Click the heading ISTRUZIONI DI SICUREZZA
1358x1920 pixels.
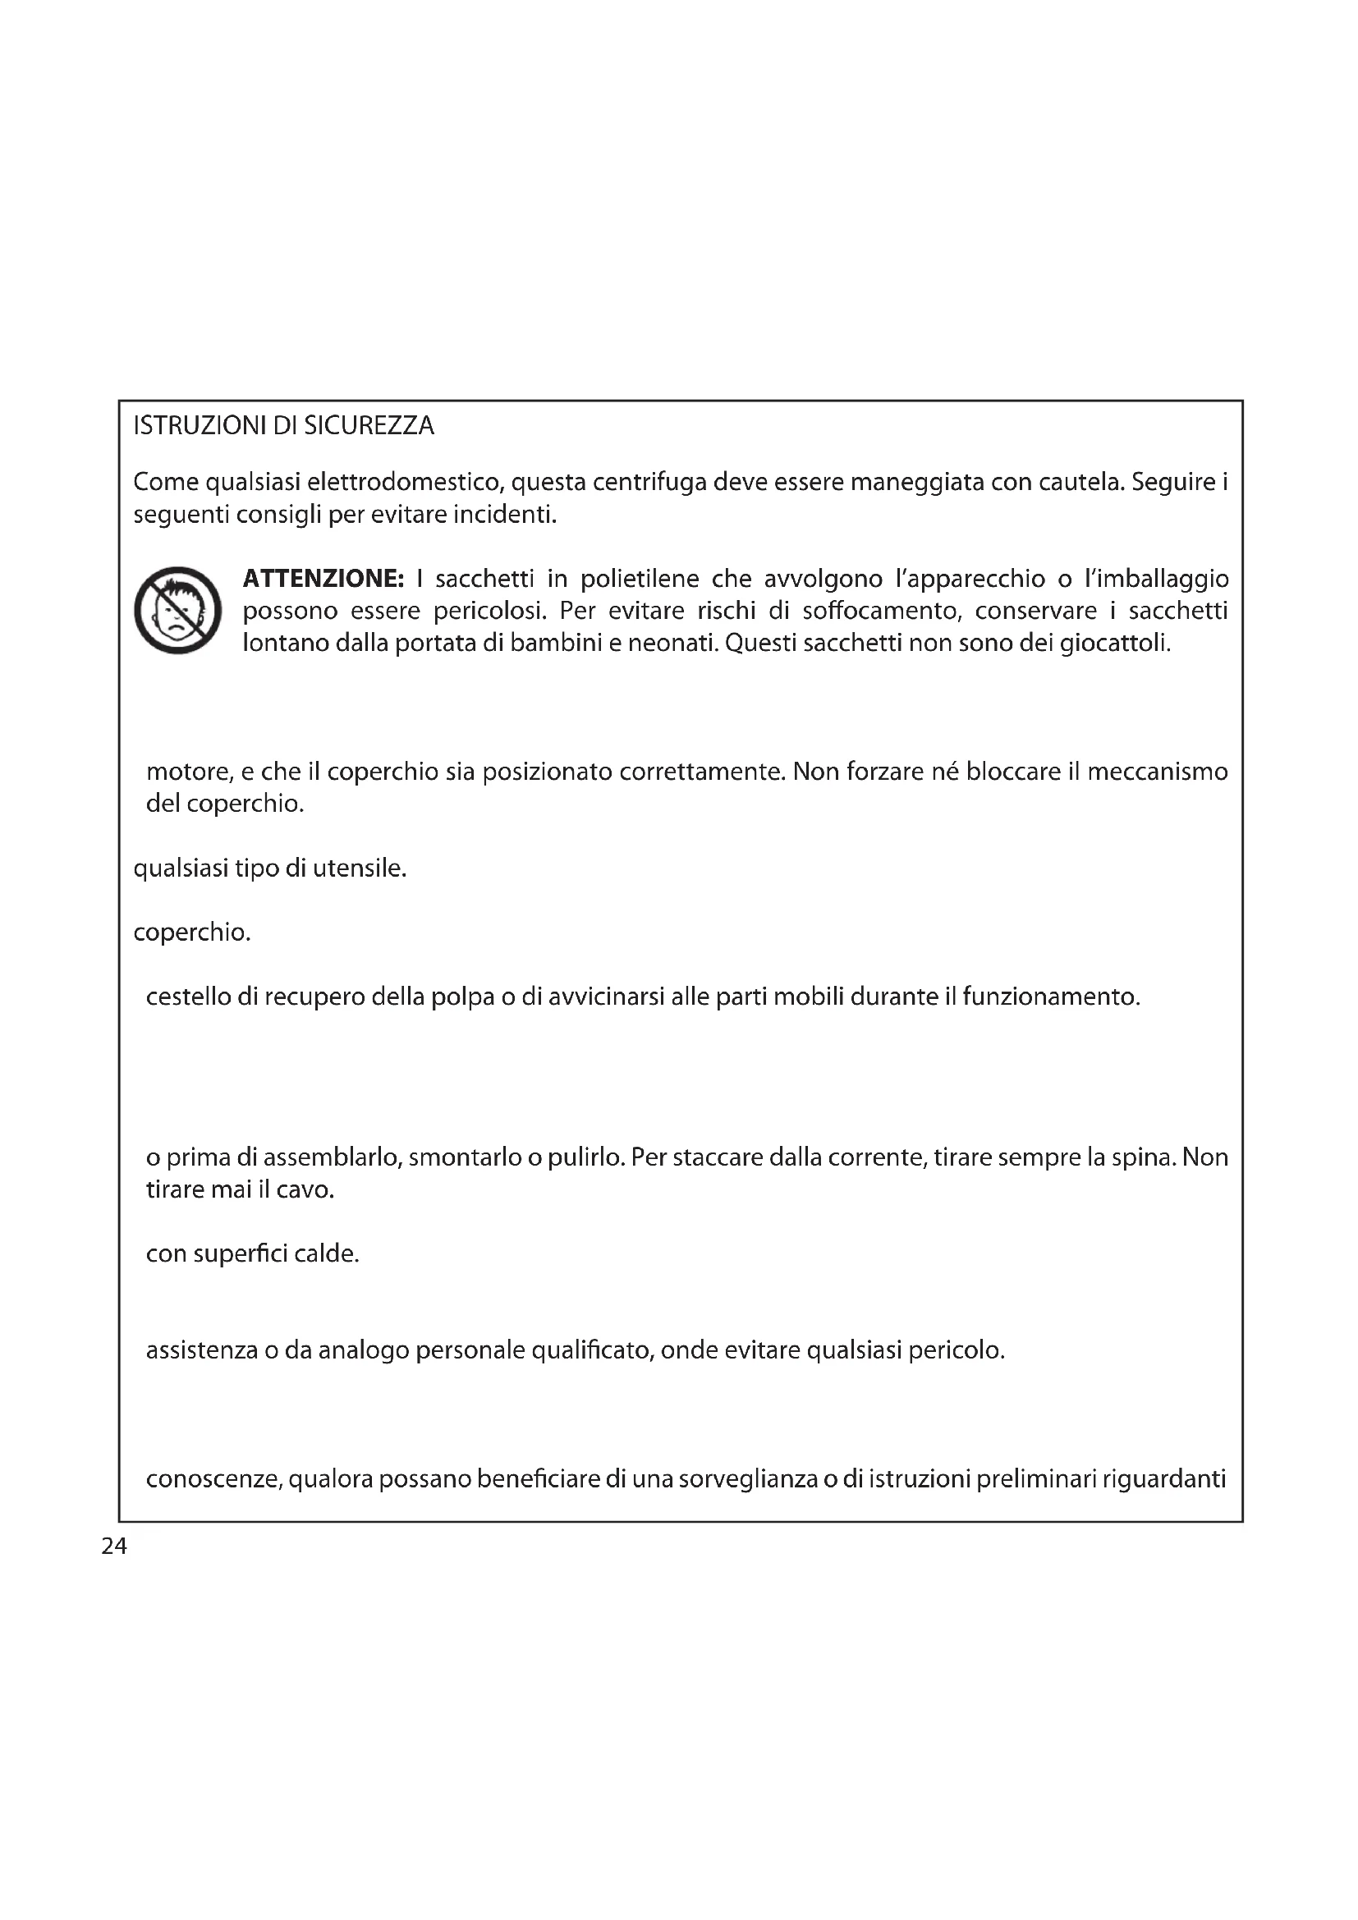coord(283,427)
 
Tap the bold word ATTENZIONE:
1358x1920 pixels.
coord(323,579)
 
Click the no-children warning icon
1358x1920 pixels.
coord(177,611)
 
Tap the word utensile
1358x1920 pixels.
coord(360,868)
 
